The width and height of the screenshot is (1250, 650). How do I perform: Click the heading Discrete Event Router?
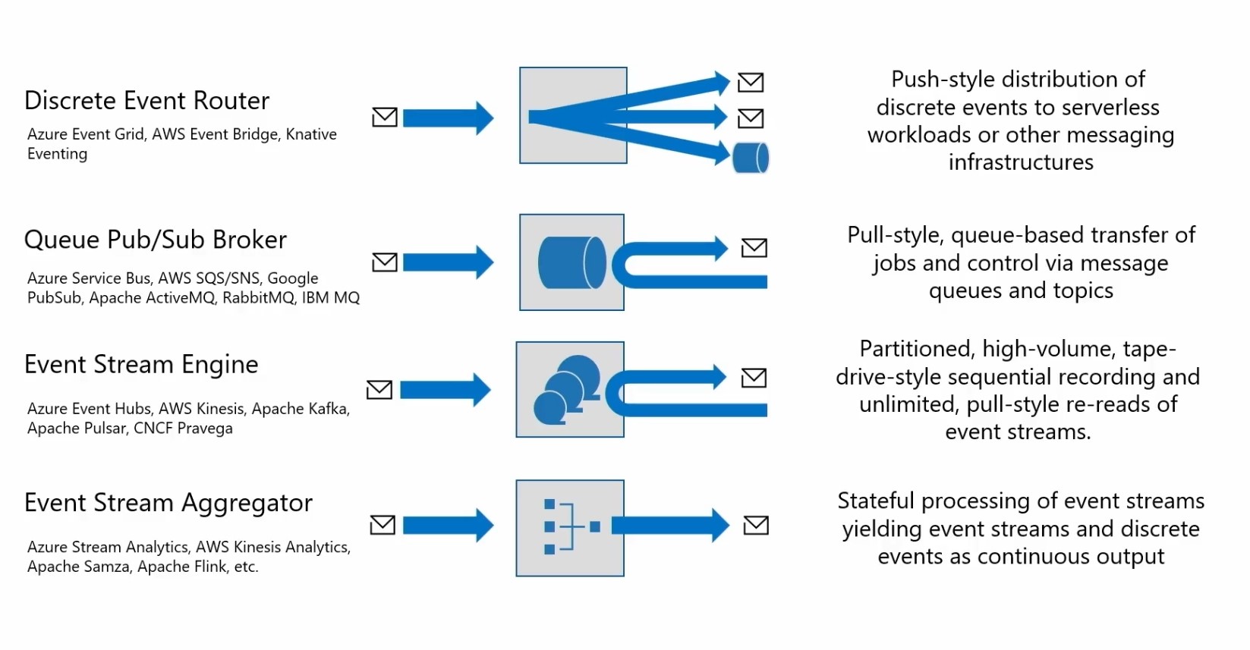146,101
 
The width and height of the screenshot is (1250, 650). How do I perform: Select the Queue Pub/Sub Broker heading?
155,240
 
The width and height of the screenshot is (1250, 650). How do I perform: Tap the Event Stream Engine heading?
141,365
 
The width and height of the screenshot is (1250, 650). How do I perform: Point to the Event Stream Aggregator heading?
168,504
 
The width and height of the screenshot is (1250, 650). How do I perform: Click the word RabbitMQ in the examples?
258,297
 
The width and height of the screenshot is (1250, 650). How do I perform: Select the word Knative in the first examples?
311,134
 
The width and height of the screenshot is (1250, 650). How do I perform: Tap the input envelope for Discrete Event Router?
385,117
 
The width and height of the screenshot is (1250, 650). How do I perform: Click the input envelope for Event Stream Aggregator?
383,525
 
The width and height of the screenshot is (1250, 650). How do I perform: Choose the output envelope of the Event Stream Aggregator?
756,525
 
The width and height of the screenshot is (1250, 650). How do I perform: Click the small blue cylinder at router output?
751,158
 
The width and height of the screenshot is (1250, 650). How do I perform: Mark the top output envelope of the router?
751,83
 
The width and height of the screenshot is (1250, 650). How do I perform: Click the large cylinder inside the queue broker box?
572,262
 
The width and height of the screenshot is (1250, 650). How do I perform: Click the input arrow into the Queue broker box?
448,262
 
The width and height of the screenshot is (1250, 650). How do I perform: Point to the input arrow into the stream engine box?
446,390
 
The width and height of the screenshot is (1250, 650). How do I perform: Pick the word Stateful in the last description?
876,501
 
